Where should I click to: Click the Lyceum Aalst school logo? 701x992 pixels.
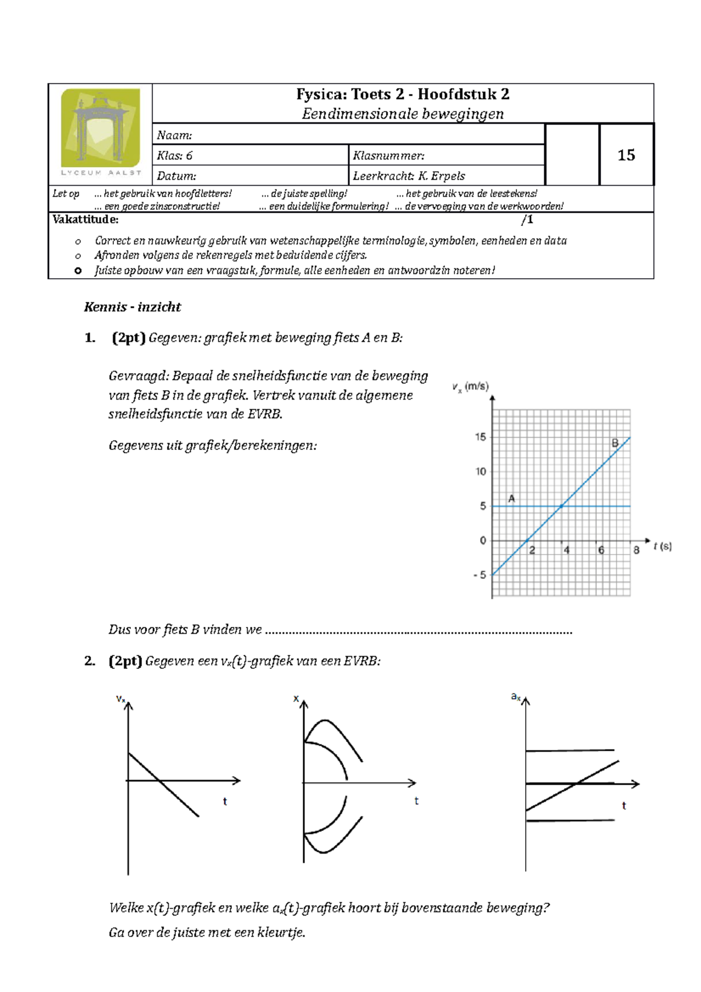[100, 131]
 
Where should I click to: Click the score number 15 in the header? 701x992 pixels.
[626, 155]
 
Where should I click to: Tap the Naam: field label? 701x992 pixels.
[174, 136]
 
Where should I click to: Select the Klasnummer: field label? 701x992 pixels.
[388, 156]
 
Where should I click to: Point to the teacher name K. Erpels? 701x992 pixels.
[442, 176]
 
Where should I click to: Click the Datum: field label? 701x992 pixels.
[176, 176]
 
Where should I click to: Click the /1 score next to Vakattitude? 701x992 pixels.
[527, 220]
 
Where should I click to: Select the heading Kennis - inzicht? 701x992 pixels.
[133, 307]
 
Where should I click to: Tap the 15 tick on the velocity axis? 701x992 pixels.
[480, 437]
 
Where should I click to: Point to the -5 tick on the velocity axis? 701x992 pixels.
[480, 575]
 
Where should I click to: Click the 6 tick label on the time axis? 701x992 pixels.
[601, 550]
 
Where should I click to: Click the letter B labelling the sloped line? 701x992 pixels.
[615, 443]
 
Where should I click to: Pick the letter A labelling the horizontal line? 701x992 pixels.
[512, 498]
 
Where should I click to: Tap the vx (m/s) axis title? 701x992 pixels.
[470, 387]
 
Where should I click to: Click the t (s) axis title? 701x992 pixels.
[662, 546]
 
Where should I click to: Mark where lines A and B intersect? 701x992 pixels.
[562, 506]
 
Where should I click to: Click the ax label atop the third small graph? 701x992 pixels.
[515, 696]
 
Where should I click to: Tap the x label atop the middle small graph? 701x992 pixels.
[296, 699]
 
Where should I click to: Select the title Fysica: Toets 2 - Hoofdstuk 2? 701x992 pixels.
[402, 95]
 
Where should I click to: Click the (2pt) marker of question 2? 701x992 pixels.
[125, 661]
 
